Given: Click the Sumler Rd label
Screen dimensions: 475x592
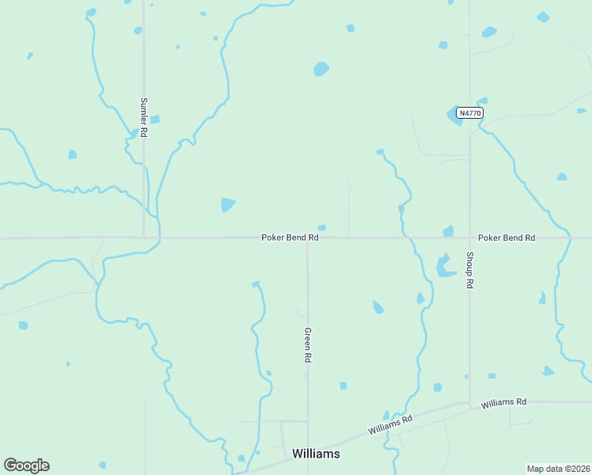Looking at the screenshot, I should (144, 118).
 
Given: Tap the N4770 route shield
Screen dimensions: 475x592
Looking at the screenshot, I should (469, 113).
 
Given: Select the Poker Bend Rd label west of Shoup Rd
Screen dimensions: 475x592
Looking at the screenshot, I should (290, 237).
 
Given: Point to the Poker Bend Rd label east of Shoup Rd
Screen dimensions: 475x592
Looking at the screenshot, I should (507, 237).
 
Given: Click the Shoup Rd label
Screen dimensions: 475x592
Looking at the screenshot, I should (469, 270).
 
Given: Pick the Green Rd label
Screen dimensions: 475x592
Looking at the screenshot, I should (308, 345).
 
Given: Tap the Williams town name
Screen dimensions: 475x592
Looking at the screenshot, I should (316, 454).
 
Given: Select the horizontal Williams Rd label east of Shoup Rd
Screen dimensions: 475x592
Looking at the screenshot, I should (503, 402).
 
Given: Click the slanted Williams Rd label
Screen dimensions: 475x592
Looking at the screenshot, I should (390, 424).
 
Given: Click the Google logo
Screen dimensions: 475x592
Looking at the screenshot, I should (26, 465).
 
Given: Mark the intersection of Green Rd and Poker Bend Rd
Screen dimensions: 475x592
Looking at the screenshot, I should (308, 237).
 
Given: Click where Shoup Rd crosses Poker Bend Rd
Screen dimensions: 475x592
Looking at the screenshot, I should (469, 237).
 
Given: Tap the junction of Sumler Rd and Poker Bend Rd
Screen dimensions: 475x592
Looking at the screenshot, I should (143, 237).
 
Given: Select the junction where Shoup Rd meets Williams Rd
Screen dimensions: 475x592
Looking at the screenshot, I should (470, 404).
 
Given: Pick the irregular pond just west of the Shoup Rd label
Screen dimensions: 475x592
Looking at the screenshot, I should (445, 266).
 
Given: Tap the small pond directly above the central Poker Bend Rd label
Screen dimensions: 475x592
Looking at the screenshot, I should (321, 228).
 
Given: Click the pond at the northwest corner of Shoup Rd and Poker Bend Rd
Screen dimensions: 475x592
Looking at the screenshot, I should (449, 231).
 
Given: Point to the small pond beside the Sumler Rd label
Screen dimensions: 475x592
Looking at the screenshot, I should (155, 120).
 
